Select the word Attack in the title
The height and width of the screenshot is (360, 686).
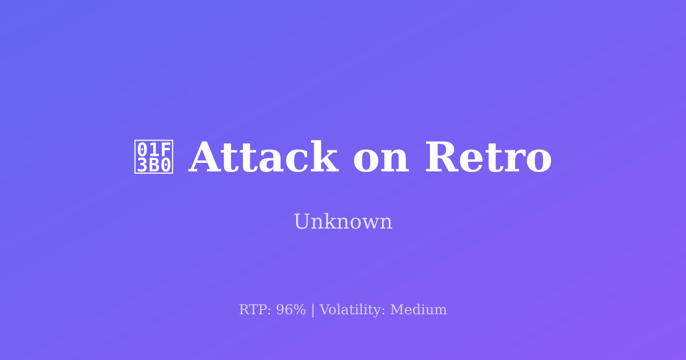pyautogui.click(x=263, y=158)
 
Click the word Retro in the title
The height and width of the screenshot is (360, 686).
pyautogui.click(x=488, y=158)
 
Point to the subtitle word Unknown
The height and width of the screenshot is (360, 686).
pyautogui.click(x=343, y=222)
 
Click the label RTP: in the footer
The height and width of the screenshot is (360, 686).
pyautogui.click(x=255, y=310)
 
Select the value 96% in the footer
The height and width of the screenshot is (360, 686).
pyautogui.click(x=291, y=310)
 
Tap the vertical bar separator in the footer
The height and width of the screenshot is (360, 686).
pyautogui.click(x=313, y=310)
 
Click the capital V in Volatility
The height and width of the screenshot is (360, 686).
pyautogui.click(x=324, y=310)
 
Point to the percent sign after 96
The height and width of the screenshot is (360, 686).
pyautogui.click(x=299, y=310)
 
